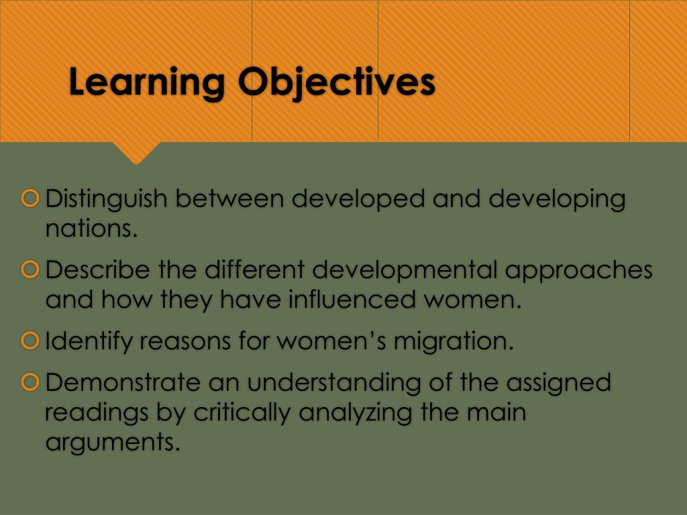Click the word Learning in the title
point(147,83)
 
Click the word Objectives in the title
point(336,83)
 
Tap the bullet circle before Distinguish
point(30,198)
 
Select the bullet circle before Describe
point(30,270)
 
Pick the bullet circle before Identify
point(30,341)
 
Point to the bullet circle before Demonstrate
point(30,383)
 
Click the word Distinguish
point(107,199)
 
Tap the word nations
point(91,229)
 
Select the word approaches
point(578,270)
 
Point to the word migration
point(454,342)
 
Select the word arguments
point(113,443)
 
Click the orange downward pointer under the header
point(136,152)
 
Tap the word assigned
point(558,384)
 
